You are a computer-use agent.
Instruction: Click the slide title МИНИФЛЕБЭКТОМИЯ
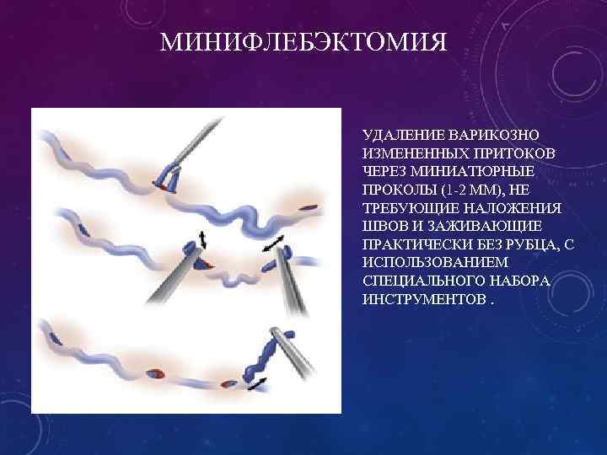pos(303,41)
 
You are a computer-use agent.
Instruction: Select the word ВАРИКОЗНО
pos(484,135)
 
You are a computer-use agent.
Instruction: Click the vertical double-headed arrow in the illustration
pos(202,238)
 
